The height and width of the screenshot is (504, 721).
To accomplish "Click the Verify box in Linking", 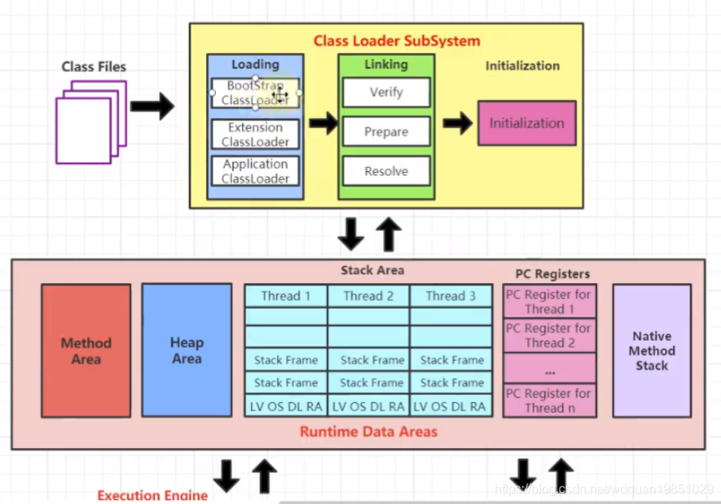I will pyautogui.click(x=386, y=93).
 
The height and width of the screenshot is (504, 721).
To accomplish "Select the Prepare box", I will pyautogui.click(x=386, y=132).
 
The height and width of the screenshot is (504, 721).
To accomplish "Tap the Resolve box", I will pyautogui.click(x=386, y=171).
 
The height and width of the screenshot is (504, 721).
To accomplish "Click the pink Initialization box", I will pyautogui.click(x=527, y=123).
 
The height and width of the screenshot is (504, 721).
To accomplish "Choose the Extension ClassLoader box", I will pyautogui.click(x=255, y=134).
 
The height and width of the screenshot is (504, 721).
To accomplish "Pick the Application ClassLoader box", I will pyautogui.click(x=255, y=171).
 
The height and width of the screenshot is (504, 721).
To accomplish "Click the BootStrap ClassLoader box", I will pyautogui.click(x=255, y=93).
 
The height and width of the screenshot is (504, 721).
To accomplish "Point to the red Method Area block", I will pyautogui.click(x=86, y=350).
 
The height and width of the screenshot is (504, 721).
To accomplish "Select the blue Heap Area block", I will pyautogui.click(x=186, y=350).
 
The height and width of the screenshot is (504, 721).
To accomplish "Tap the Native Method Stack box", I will pyautogui.click(x=651, y=350).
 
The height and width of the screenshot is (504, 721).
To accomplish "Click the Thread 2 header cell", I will pyautogui.click(x=368, y=296).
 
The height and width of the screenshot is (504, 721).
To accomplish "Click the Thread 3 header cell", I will pyautogui.click(x=451, y=296).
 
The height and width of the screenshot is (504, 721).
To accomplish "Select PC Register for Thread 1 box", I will pyautogui.click(x=549, y=302).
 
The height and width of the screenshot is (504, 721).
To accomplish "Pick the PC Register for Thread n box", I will pyautogui.click(x=549, y=400).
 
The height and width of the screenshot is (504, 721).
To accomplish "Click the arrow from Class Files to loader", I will pyautogui.click(x=152, y=106).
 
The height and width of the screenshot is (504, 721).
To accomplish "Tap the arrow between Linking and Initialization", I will pyautogui.click(x=457, y=122).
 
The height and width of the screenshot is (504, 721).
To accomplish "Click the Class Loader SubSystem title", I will pyautogui.click(x=396, y=41).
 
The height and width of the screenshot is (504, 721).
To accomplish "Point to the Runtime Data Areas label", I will pyautogui.click(x=368, y=432).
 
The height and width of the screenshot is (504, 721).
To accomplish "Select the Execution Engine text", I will pyautogui.click(x=152, y=495).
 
